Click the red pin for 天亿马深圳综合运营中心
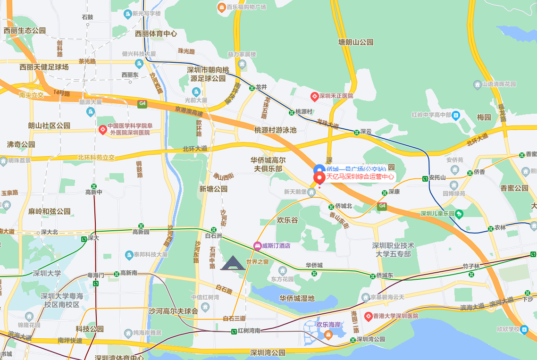coord(319,178)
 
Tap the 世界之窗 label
coord(257,262)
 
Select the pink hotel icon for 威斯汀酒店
coord(257,245)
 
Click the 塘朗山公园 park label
coord(356,42)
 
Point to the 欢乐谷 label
coord(287,220)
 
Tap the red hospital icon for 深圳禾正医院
coord(314,96)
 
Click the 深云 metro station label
coord(366,132)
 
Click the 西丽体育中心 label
coord(156,33)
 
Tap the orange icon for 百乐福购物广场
coord(221,7)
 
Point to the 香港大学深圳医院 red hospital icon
coord(368,316)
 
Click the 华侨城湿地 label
coord(297,298)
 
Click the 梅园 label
coord(484,117)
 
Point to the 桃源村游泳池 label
coord(276,130)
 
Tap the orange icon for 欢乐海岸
coord(328,335)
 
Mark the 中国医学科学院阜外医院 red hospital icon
coord(102,129)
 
